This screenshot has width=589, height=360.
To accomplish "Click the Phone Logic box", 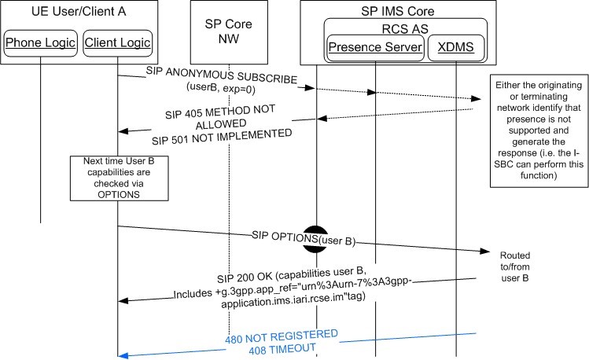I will click(x=40, y=42).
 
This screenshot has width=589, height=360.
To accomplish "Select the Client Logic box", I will click(x=117, y=42).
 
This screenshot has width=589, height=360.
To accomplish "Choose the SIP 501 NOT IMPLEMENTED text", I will click(x=222, y=142).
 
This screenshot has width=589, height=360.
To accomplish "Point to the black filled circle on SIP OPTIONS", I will click(x=316, y=237).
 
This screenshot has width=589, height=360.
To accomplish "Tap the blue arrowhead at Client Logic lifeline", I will click(x=123, y=355).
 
